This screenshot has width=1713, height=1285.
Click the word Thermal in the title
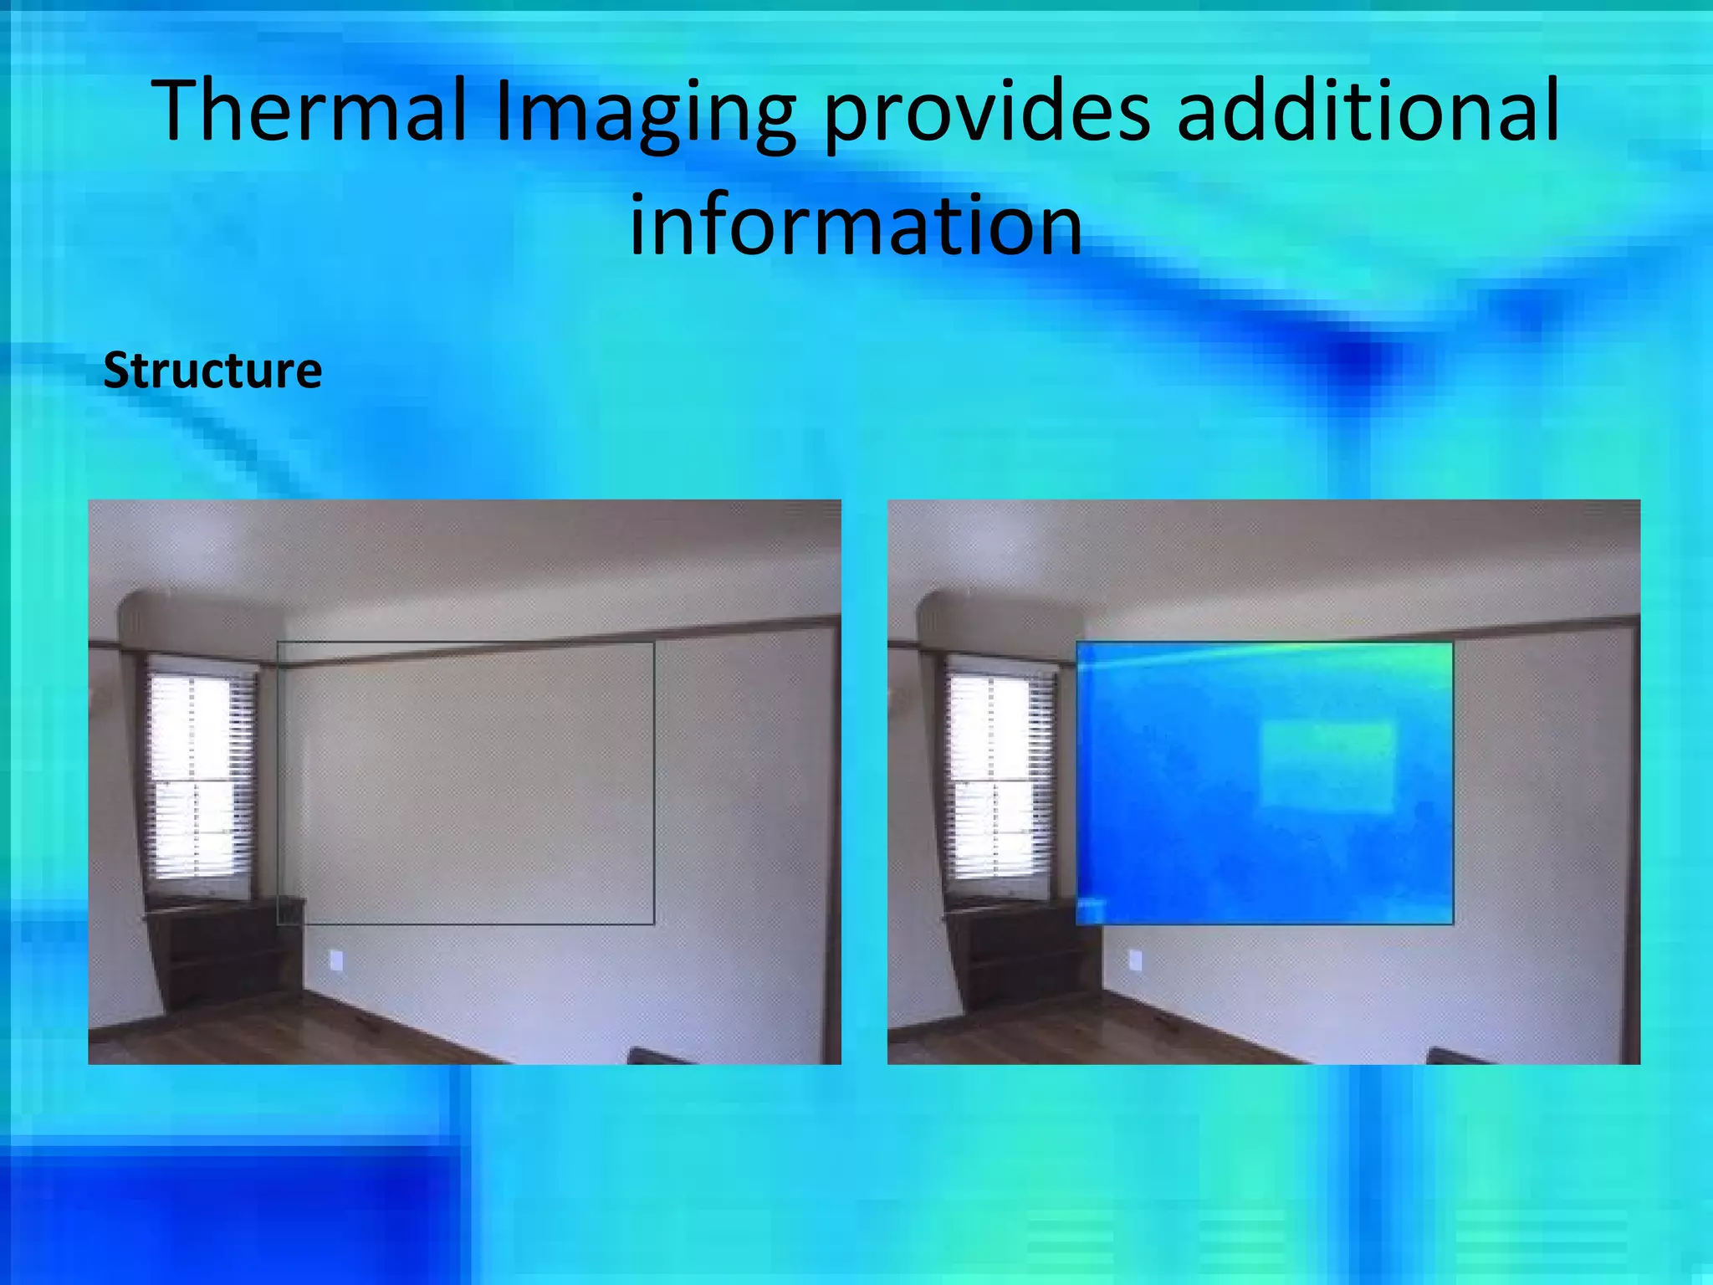pyautogui.click(x=309, y=110)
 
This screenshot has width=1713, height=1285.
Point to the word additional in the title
pyautogui.click(x=1368, y=110)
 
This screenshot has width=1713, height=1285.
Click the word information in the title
pyautogui.click(x=855, y=224)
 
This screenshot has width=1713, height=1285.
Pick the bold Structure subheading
pyautogui.click(x=212, y=371)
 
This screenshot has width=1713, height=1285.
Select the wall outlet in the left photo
pyautogui.click(x=336, y=960)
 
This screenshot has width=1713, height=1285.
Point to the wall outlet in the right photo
pyautogui.click(x=1135, y=960)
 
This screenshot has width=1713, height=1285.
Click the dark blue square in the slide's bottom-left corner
pyautogui.click(x=226, y=1213)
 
